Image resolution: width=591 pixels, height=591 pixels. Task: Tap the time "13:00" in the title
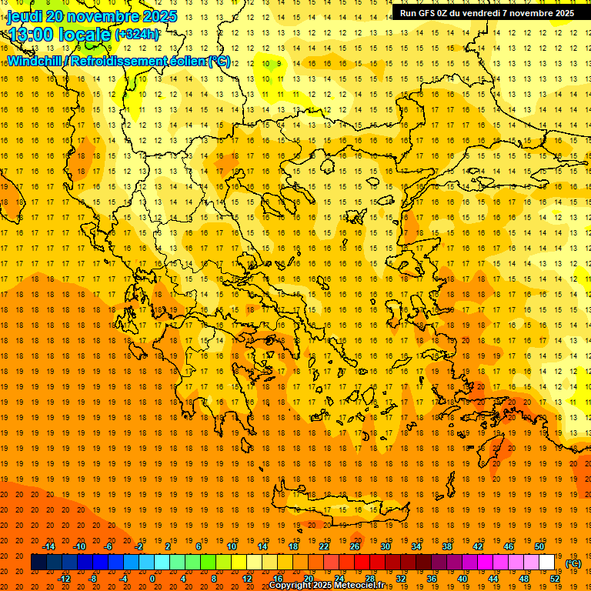tap(31, 35)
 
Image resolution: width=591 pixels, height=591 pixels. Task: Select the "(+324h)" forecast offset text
tap(137, 35)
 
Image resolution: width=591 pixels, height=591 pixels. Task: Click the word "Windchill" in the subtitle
tap(34, 61)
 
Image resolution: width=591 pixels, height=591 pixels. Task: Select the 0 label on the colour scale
tap(152, 579)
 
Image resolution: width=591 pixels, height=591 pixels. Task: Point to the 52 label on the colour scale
tap(555, 579)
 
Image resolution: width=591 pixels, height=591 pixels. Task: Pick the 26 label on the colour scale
tap(355, 546)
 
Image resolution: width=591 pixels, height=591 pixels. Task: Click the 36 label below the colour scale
tap(432, 579)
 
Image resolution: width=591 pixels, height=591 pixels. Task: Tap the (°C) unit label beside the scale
tap(573, 563)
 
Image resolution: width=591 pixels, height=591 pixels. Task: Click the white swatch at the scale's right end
tap(546, 563)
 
